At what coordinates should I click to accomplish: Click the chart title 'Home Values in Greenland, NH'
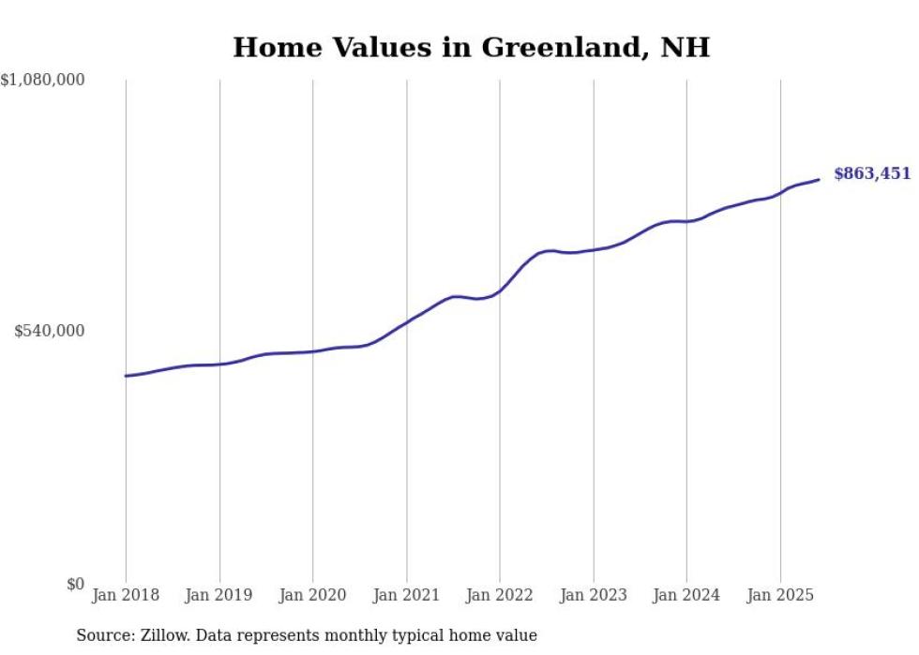pos(471,47)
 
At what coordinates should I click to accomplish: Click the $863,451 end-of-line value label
pos(871,172)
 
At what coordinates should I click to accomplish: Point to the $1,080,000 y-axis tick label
pos(43,81)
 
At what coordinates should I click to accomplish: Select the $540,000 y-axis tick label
pos(50,331)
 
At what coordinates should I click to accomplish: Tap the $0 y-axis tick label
pos(76,584)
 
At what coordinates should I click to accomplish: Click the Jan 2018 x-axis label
pos(126,595)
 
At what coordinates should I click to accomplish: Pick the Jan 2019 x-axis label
pos(219,595)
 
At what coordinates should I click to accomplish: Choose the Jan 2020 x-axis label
pos(312,595)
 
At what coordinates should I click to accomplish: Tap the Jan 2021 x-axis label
pos(406,595)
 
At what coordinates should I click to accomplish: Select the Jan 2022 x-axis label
pos(500,595)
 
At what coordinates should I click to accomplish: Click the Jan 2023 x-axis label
pos(593,595)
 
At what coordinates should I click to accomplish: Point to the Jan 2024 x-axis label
pos(686,595)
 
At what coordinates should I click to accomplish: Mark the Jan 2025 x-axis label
pos(779,595)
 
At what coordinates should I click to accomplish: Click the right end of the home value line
pos(819,179)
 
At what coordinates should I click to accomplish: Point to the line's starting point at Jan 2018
pos(126,376)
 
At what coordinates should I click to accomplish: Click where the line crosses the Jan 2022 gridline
pos(500,290)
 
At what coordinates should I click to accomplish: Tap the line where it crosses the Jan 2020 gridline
pos(312,351)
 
